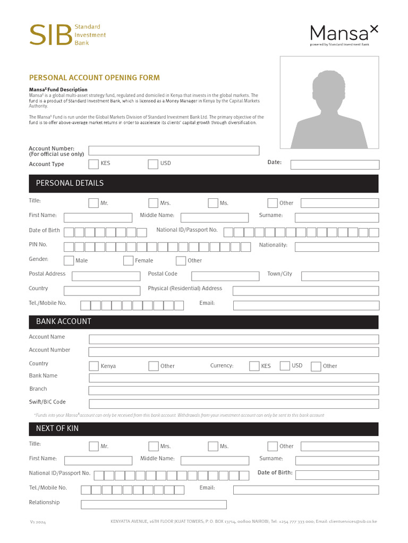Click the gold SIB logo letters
point(50,35)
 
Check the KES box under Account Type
point(93,164)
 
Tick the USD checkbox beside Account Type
point(153,164)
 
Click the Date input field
point(335,164)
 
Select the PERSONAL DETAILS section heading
point(70,183)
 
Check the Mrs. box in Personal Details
point(153,203)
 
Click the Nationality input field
point(337,247)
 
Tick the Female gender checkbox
point(128,260)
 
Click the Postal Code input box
point(225,276)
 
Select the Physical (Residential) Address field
point(305,291)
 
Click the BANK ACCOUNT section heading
point(63,322)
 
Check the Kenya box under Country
point(93,366)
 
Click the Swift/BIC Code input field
point(234,404)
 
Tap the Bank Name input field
point(234,378)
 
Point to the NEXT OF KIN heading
point(57,428)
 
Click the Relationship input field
point(154,504)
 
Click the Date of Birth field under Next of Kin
point(337,475)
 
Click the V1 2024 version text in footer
point(38,522)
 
